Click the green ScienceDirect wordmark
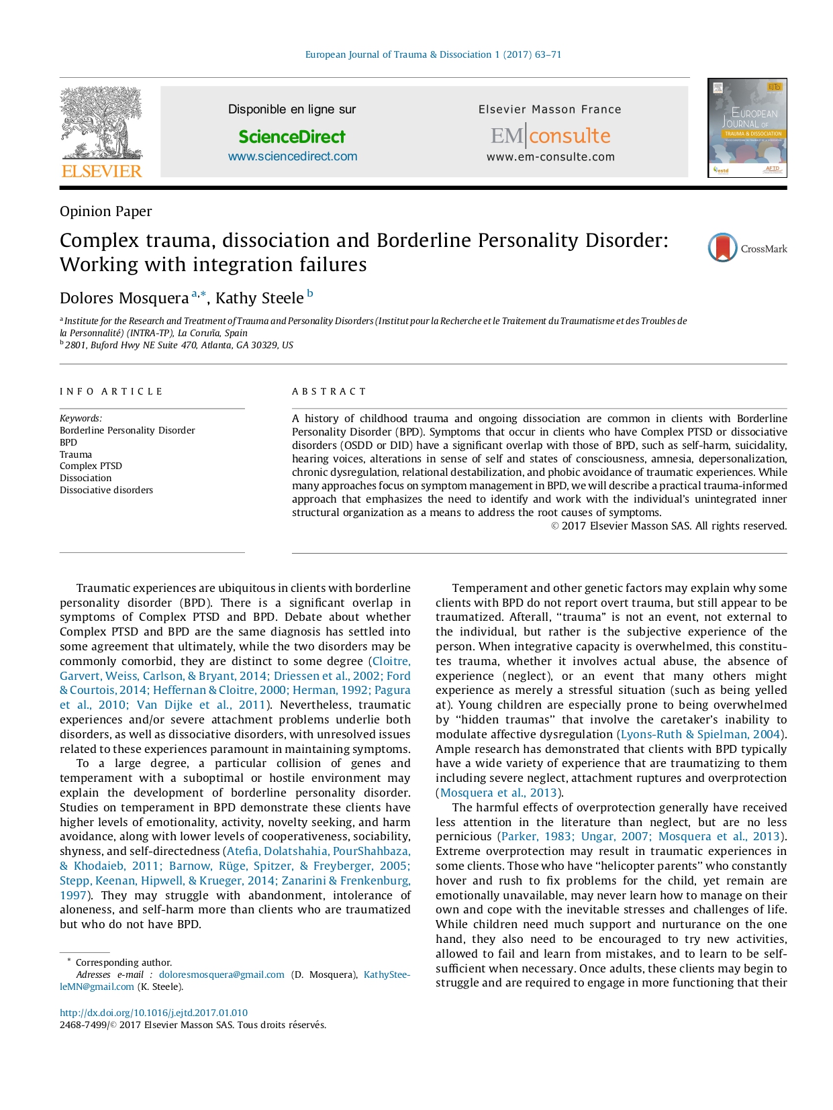pyautogui.click(x=292, y=137)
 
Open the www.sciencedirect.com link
pyautogui.click(x=293, y=156)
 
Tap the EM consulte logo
pyautogui.click(x=550, y=136)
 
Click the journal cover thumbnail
pyautogui.click(x=747, y=128)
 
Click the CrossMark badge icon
pyautogui.click(x=723, y=248)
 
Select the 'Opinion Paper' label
pyautogui.click(x=105, y=211)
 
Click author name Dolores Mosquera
pyautogui.click(x=124, y=298)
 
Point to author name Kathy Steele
pyautogui.click(x=259, y=298)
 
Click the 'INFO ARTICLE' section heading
pyautogui.click(x=111, y=391)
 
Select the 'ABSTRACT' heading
pyautogui.click(x=329, y=391)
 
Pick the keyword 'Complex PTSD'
pyautogui.click(x=91, y=466)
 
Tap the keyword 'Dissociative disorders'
pyautogui.click(x=106, y=490)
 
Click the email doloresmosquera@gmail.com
pyautogui.click(x=222, y=974)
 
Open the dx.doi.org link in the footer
pyautogui.click(x=154, y=1013)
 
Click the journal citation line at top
pyautogui.click(x=433, y=54)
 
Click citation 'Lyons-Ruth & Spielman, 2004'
pyautogui.click(x=700, y=734)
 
